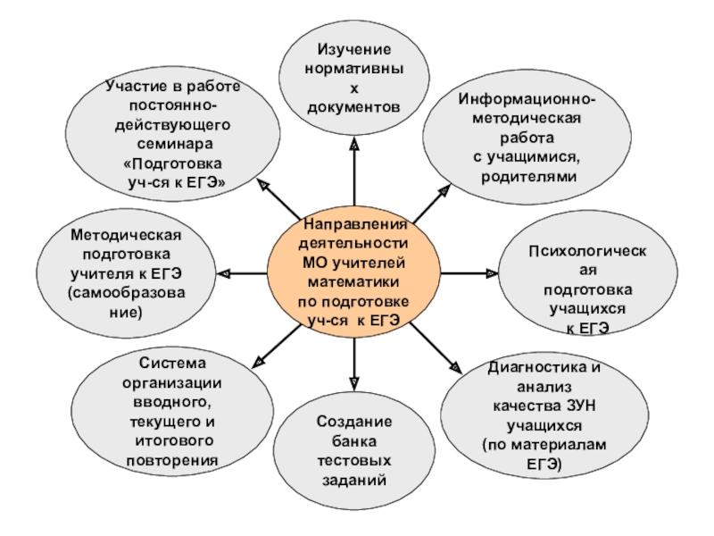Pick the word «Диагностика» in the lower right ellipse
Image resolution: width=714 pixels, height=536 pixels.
[x=533, y=368]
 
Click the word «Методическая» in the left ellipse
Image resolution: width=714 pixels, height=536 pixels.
[x=126, y=234]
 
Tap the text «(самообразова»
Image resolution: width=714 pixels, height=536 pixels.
[x=126, y=293]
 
